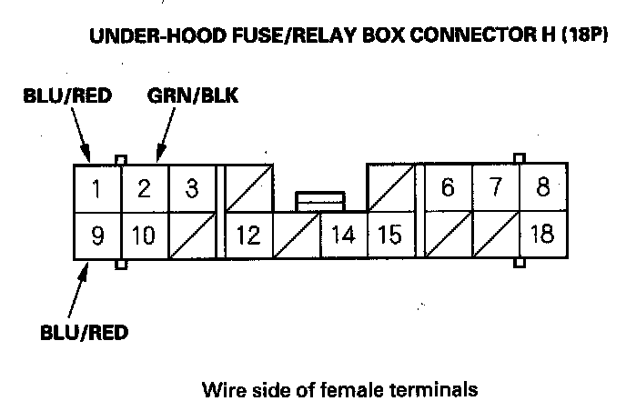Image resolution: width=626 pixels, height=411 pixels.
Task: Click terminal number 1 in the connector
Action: click(x=96, y=189)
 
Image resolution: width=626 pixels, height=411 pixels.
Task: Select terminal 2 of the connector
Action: click(x=143, y=189)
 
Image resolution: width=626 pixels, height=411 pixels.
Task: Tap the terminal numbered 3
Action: click(x=191, y=189)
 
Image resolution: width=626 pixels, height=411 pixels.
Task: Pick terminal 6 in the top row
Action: click(x=447, y=189)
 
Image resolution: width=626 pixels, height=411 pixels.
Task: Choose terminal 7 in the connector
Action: click(x=495, y=189)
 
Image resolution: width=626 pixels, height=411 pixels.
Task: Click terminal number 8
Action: click(x=542, y=189)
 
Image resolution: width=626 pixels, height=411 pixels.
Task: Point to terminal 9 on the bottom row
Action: click(x=96, y=236)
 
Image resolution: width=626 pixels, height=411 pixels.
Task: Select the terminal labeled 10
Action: click(x=143, y=236)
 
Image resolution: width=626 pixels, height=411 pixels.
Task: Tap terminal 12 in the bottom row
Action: click(x=247, y=236)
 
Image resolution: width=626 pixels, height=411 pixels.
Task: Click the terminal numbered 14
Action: click(x=342, y=236)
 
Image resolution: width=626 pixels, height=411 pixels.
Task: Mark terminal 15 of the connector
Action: click(x=389, y=236)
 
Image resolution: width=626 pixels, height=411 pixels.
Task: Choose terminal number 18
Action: click(x=542, y=236)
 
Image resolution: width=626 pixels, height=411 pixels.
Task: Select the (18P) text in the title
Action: click(x=581, y=39)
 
